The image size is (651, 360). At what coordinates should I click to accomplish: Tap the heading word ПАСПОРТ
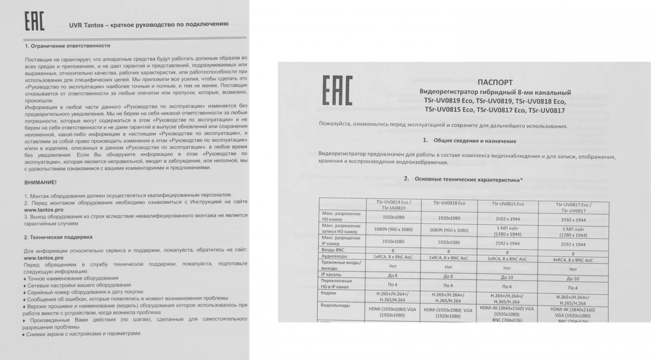point(495,82)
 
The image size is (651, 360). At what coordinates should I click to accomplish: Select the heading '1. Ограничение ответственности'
point(68,46)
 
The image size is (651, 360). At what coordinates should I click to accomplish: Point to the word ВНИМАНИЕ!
point(41,182)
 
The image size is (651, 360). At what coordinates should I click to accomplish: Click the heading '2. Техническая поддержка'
point(58,237)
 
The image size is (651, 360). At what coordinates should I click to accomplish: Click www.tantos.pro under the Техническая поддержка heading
point(44,258)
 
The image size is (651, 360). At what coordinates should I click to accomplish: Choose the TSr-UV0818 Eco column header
point(449,203)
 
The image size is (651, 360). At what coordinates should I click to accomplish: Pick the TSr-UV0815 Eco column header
point(508,204)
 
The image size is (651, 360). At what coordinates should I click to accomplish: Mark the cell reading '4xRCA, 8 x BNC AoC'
point(573,260)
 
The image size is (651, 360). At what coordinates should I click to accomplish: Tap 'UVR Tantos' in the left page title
point(87,24)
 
